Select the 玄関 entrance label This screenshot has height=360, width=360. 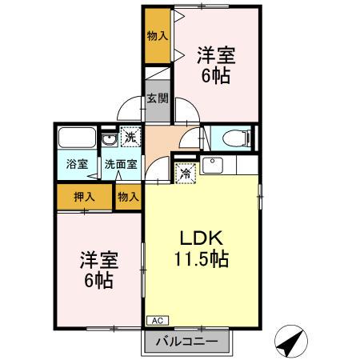click(x=158, y=99)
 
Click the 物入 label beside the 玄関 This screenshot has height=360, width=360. click(x=158, y=37)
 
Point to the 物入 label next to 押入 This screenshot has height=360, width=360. click(x=127, y=195)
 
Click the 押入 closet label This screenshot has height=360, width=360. click(x=84, y=195)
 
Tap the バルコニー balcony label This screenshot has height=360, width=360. click(x=191, y=342)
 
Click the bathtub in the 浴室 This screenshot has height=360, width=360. click(x=77, y=137)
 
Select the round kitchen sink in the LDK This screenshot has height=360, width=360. click(x=212, y=166)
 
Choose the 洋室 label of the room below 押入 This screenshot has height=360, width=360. click(x=95, y=261)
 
